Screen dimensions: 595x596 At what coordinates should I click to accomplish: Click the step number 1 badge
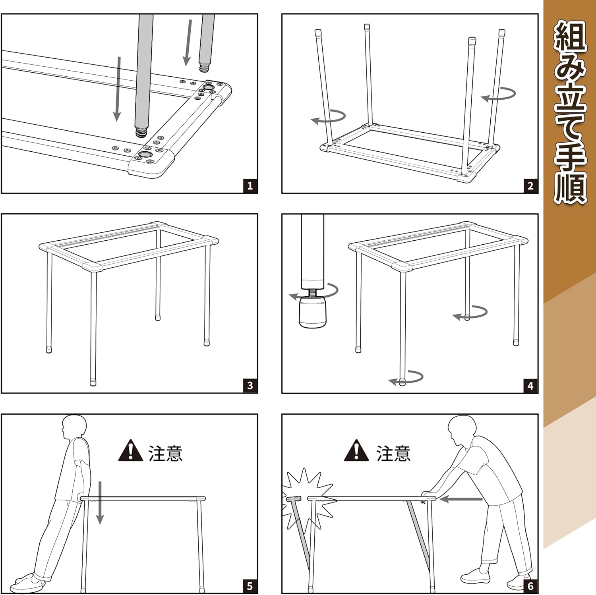[250, 185]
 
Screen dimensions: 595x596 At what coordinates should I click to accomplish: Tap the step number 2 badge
[530, 185]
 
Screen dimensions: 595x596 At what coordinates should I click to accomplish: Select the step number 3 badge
[250, 385]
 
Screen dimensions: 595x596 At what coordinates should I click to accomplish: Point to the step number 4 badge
[530, 385]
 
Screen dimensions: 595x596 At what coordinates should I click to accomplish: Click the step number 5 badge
[250, 586]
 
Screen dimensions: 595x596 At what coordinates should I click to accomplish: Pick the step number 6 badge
[530, 586]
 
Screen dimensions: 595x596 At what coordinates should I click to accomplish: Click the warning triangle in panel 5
[130, 451]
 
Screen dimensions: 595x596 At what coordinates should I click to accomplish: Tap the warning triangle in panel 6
[356, 451]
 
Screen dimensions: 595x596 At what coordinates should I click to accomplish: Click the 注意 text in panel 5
[165, 453]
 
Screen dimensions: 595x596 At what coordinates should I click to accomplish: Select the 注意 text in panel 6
[393, 453]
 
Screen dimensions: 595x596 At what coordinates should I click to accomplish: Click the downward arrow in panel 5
[100, 502]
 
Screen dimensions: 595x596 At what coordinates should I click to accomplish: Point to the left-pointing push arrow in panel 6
[461, 499]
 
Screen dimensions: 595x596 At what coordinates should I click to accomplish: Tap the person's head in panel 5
[74, 427]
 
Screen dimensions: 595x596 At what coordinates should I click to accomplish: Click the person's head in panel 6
[461, 429]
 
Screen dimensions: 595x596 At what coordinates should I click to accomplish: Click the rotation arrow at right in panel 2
[499, 95]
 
